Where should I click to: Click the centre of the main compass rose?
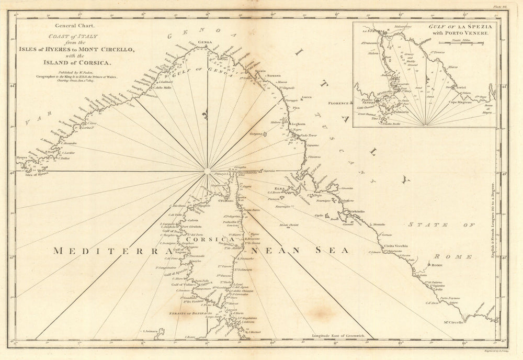point(207,171)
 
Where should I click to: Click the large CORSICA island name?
point(214,239)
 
